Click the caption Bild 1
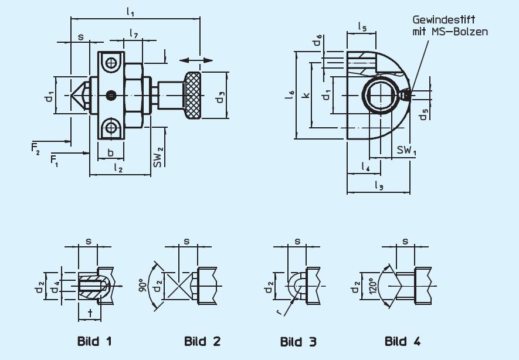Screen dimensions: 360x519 tap(94, 341)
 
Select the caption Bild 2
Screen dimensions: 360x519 tap(202, 341)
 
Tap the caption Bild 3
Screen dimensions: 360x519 tap(298, 341)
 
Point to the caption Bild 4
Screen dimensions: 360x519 tap(402, 341)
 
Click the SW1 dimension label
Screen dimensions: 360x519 tap(407, 150)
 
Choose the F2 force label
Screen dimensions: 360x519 tap(36, 147)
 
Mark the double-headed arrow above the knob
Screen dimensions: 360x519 tap(196, 60)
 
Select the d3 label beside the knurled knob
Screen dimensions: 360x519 tap(220, 97)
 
